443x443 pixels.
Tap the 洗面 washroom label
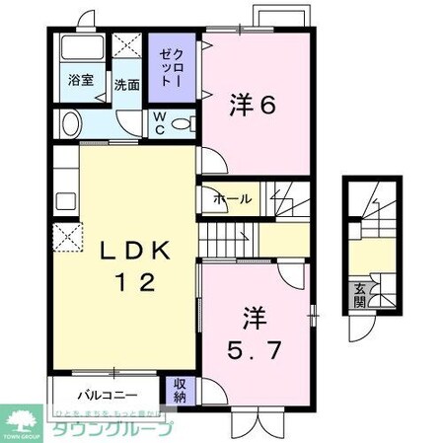[x=125, y=85]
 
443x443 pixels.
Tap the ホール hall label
[x=233, y=199]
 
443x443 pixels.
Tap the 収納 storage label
[x=181, y=388]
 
